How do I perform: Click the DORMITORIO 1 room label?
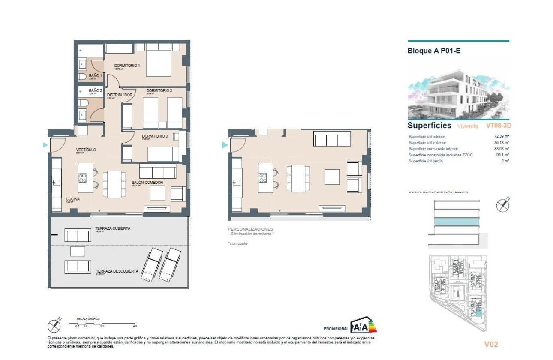pyautogui.click(x=127, y=66)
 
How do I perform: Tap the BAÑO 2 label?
pyautogui.click(x=95, y=91)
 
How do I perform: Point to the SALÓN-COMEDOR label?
pyautogui.click(x=147, y=183)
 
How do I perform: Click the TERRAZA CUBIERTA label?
pyautogui.click(x=113, y=228)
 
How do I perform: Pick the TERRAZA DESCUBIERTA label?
pyautogui.click(x=117, y=271)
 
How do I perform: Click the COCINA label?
pyautogui.click(x=73, y=199)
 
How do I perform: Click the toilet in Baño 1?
pyautogui.click(x=82, y=77)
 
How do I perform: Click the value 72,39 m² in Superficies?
pyautogui.click(x=501, y=136)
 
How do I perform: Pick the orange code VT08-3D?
pyautogui.click(x=498, y=126)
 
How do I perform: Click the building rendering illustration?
pyautogui.click(x=458, y=89)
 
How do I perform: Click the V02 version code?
pyautogui.click(x=491, y=344)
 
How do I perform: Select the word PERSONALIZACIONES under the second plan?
pyautogui.click(x=250, y=229)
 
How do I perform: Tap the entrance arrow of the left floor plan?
pyautogui.click(x=45, y=145)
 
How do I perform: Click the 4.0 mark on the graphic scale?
pyautogui.click(x=135, y=326)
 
